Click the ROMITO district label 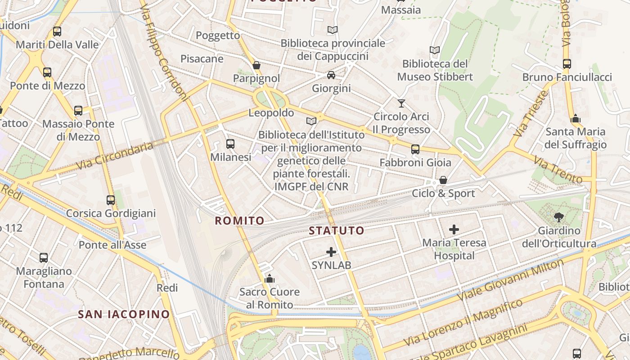click(x=239, y=220)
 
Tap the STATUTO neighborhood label click(x=336, y=231)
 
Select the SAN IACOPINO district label click(x=124, y=314)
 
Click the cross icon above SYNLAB click(x=331, y=252)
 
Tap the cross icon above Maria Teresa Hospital click(x=454, y=229)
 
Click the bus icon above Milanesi click(x=230, y=144)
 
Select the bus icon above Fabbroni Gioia click(x=415, y=149)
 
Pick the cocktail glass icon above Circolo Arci click(x=401, y=103)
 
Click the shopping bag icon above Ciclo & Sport click(x=443, y=180)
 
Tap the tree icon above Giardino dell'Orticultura click(x=559, y=217)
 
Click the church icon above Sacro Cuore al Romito click(x=270, y=279)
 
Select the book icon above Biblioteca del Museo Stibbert click(x=435, y=50)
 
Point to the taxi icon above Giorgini click(x=331, y=75)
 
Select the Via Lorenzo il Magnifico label click(x=463, y=323)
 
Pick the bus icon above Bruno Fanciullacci click(x=567, y=64)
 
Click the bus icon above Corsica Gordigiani click(x=111, y=200)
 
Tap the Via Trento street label click(x=558, y=170)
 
